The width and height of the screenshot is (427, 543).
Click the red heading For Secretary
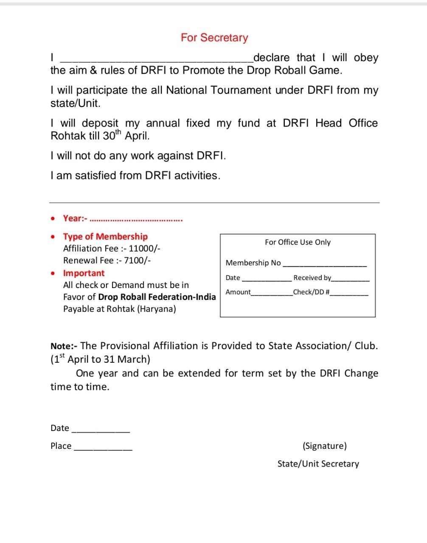pos(214,38)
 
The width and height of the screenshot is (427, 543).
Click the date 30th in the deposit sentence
pos(112,136)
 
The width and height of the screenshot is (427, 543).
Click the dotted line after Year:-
pos(136,220)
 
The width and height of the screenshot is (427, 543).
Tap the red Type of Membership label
pos(105,237)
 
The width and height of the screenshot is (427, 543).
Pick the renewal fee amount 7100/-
pos(137,260)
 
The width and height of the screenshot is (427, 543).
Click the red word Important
pos(84,273)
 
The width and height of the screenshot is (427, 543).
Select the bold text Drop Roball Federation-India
pos(157,297)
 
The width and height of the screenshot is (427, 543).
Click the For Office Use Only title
pos(298,242)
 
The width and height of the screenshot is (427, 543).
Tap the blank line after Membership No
pos(324,265)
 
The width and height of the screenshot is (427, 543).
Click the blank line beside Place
pos(103,448)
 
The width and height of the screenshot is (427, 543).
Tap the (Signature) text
pos(325,446)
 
